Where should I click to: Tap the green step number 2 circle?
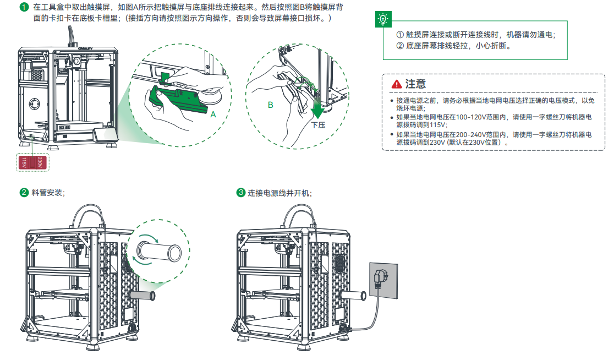tap(24, 193)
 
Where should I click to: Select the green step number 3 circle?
tap(240, 193)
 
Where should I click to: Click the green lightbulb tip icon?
tap(381, 19)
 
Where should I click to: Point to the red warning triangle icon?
tap(396, 84)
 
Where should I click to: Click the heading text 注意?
tap(416, 84)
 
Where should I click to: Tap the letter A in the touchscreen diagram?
tap(213, 114)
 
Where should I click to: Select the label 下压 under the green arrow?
tap(318, 126)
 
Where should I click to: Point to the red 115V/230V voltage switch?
tap(32, 163)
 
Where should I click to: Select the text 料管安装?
tap(48, 193)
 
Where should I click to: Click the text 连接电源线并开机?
tap(279, 193)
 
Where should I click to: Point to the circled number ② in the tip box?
tap(400, 46)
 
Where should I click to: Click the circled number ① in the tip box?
tap(400, 34)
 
